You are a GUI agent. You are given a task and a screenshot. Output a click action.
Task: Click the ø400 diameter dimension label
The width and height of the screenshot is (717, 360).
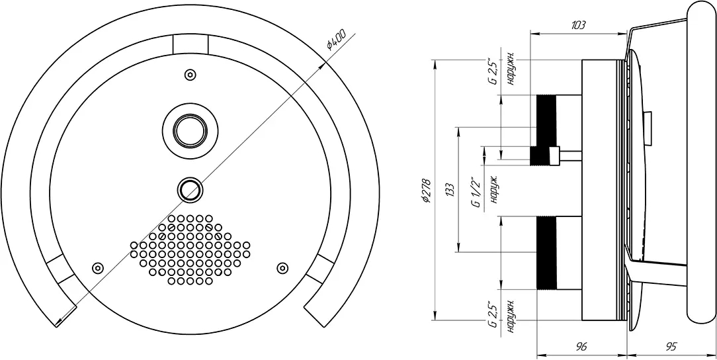(336, 39)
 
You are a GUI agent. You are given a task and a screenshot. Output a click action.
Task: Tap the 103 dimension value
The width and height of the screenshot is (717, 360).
(579, 26)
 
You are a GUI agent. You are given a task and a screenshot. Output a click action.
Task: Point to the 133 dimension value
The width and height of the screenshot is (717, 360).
(450, 189)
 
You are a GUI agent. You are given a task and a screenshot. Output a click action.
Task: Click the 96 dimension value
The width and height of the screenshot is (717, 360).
(581, 346)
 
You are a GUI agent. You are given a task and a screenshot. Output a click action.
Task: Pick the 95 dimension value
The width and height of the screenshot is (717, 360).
(671, 346)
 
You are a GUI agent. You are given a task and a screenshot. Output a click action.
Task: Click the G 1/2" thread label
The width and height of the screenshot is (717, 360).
(476, 193)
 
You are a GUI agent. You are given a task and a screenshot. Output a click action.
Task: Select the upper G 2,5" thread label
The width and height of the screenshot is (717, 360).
(492, 71)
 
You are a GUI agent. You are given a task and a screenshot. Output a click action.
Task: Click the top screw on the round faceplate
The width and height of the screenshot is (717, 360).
(190, 75)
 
